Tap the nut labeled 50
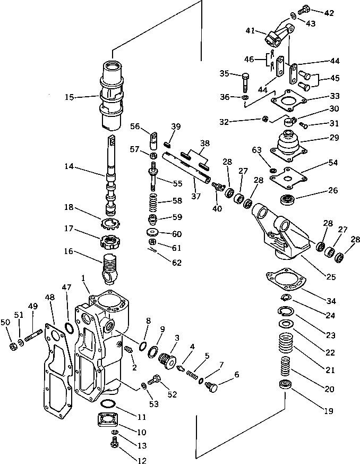pos(12,348)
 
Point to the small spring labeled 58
pos(153,202)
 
